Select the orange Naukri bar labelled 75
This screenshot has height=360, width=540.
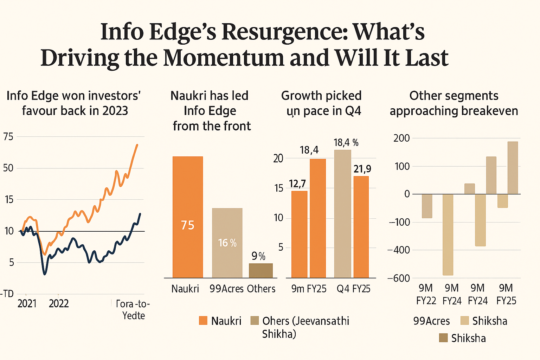tap(188, 217)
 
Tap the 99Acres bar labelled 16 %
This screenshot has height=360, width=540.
tap(227, 243)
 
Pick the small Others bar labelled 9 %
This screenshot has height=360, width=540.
tap(261, 270)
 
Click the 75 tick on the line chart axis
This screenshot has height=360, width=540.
tap(8, 136)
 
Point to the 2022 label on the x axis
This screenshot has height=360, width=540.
tap(59, 303)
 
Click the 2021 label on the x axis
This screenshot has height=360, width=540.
tap(27, 303)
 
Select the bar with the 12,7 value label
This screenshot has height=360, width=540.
tap(299, 234)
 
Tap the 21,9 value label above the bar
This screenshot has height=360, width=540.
tap(362, 169)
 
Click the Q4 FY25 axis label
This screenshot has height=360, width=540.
tap(353, 289)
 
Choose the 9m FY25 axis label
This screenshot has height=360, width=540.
tap(309, 289)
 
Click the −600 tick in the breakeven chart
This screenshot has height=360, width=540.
tap(399, 278)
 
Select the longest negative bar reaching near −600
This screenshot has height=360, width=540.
tap(448, 234)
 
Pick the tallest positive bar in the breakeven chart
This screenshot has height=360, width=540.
tap(513, 168)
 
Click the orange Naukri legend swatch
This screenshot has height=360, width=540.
tap(203, 321)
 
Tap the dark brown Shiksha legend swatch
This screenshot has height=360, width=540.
tap(443, 338)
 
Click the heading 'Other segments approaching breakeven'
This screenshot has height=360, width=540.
tap(454, 103)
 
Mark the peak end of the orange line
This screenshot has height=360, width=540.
tap(137, 144)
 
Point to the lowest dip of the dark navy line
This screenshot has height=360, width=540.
tap(45, 274)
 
